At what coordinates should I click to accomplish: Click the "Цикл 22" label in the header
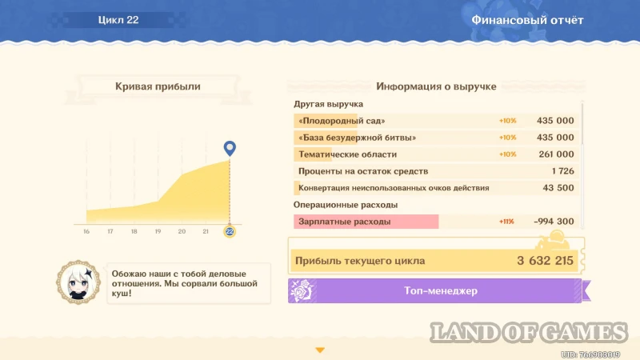click(x=118, y=20)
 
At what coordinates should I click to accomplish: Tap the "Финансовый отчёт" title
click(x=527, y=20)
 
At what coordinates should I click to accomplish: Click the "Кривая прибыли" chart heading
click(x=158, y=86)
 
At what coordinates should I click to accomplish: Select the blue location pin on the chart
click(x=230, y=148)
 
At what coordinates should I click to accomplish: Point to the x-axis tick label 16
click(x=86, y=231)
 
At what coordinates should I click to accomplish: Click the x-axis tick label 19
click(x=158, y=231)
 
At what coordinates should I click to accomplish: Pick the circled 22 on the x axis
click(x=230, y=231)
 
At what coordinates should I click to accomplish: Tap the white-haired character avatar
click(x=78, y=282)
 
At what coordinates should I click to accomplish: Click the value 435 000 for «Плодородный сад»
click(x=555, y=121)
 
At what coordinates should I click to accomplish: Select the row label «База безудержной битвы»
click(x=357, y=138)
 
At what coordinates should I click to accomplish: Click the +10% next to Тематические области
click(x=507, y=154)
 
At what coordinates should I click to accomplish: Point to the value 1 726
click(x=563, y=171)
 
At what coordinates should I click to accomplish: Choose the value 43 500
click(x=558, y=188)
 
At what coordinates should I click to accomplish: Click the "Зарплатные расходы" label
click(x=345, y=222)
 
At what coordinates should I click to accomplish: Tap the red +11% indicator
click(x=506, y=222)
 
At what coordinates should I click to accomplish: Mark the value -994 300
click(x=554, y=222)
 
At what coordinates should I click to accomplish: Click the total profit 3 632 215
click(x=545, y=261)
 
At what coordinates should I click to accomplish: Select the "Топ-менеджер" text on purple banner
click(x=441, y=290)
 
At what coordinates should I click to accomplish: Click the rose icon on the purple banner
click(x=302, y=291)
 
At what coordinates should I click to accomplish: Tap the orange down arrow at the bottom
click(x=320, y=350)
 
